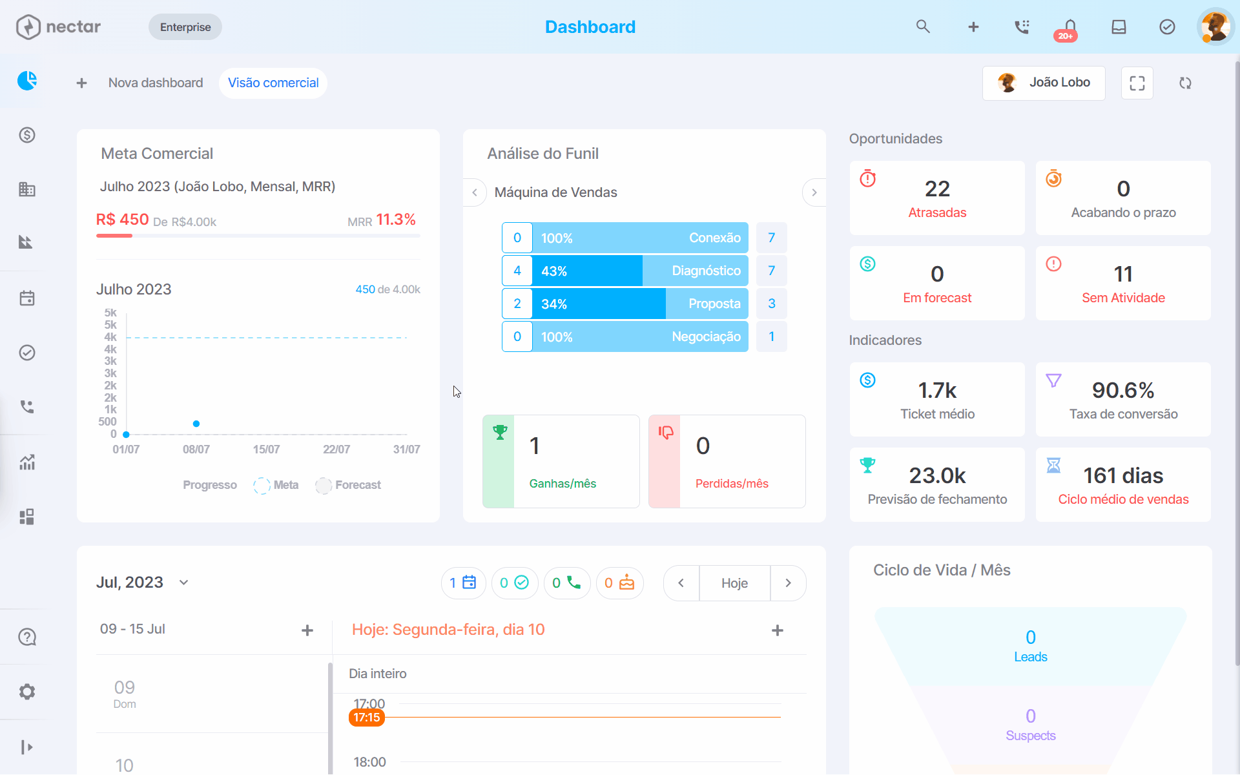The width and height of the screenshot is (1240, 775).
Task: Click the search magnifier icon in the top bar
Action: pyautogui.click(x=923, y=26)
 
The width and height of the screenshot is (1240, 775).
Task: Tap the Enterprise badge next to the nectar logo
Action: pyautogui.click(x=185, y=27)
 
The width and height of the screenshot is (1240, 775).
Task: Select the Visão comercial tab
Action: pyautogui.click(x=273, y=83)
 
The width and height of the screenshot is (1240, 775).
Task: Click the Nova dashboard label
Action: pyautogui.click(x=156, y=83)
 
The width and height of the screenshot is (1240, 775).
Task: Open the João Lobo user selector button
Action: pyautogui.click(x=1044, y=83)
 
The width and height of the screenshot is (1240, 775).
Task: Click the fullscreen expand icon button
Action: pyautogui.click(x=1137, y=83)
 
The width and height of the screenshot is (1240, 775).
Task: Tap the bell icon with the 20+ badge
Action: pyautogui.click(x=1069, y=28)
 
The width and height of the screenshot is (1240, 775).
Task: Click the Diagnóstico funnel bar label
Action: pyautogui.click(x=706, y=271)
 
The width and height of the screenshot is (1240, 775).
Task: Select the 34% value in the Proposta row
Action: pyautogui.click(x=554, y=304)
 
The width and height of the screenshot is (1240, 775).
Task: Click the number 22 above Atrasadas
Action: pyautogui.click(x=937, y=189)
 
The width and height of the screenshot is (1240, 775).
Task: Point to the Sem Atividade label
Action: pyautogui.click(x=1123, y=298)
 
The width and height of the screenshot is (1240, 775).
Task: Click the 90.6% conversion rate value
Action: pyautogui.click(x=1123, y=390)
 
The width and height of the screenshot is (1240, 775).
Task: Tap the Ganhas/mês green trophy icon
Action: pyautogui.click(x=500, y=432)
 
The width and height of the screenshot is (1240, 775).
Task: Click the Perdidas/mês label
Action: pyautogui.click(x=732, y=484)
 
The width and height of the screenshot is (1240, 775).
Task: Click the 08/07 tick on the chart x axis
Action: pyautogui.click(x=196, y=449)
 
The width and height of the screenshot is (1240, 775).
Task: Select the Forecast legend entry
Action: pyautogui.click(x=349, y=485)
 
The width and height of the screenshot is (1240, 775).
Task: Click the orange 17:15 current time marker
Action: pyautogui.click(x=367, y=718)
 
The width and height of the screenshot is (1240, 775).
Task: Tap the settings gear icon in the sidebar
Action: pyautogui.click(x=27, y=692)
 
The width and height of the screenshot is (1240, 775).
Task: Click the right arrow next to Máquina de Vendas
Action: pyautogui.click(x=814, y=192)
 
